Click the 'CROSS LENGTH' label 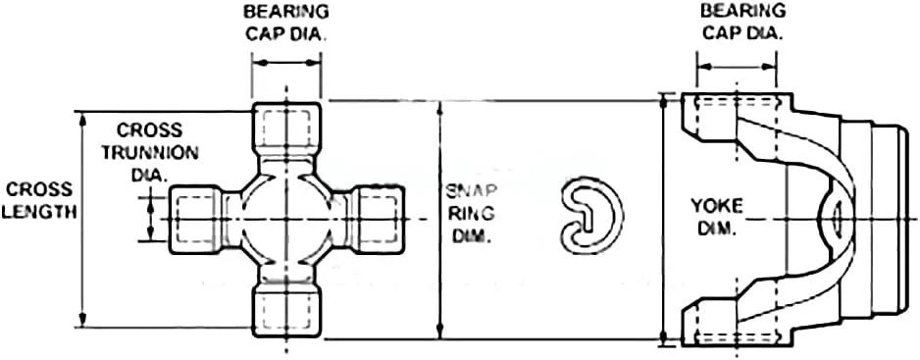(x=39, y=200)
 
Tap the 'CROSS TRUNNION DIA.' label (x=150, y=151)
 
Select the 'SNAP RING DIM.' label (x=471, y=213)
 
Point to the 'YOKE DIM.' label (x=717, y=217)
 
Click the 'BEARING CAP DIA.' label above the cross (x=286, y=23)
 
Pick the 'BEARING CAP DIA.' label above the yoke (x=742, y=22)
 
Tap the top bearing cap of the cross (x=286, y=129)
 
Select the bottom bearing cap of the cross (x=286, y=310)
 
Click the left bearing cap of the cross (x=196, y=219)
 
